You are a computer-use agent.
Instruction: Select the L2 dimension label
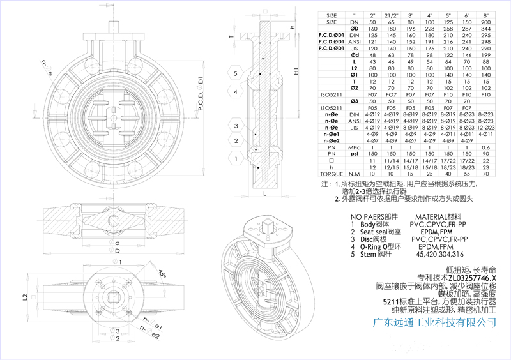click(26, 297)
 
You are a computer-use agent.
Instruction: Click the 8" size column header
click(487, 14)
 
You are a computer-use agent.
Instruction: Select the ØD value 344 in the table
click(487, 29)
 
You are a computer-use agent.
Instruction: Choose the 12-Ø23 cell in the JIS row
click(487, 128)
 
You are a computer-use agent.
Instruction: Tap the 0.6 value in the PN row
click(487, 147)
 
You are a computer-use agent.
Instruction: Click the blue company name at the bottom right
click(434, 322)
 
